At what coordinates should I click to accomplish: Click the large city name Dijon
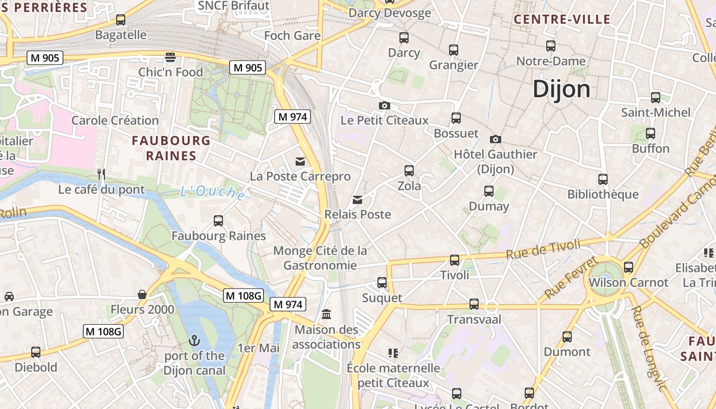coord(561,89)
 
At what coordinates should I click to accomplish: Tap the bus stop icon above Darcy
coord(404,37)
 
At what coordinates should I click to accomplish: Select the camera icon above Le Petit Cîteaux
coord(385,105)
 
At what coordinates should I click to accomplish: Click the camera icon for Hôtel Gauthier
coord(495,139)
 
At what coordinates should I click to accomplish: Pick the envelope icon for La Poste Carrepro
coord(300,162)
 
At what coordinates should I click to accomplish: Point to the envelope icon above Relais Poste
coord(357,200)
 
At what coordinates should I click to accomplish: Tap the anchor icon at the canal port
coord(194,340)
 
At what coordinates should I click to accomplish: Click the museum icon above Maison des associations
coord(326,314)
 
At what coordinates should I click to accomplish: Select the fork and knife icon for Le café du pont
coord(101,174)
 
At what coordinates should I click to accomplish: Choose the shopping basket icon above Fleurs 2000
coord(142,294)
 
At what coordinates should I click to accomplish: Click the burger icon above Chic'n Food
coord(170,56)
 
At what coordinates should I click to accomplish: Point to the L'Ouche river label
coord(212,192)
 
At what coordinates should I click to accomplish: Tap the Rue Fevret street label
coord(571,278)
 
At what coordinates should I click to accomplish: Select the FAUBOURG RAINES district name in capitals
coord(171,148)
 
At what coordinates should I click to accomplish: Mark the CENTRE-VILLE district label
coord(562,19)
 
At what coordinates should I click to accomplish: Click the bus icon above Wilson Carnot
coord(629,267)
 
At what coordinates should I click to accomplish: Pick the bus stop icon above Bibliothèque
coord(603,179)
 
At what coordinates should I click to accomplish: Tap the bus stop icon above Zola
coord(409,171)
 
